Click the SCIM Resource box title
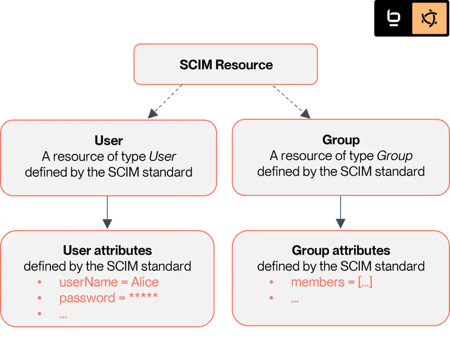[x=226, y=65]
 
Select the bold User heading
[x=109, y=141]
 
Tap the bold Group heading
[x=341, y=140]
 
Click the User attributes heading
[x=108, y=251]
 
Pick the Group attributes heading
[x=341, y=251]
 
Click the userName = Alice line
[x=109, y=282]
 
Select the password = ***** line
[x=109, y=298]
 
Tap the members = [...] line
[x=331, y=282]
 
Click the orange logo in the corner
[x=428, y=18]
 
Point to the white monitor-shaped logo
[x=393, y=18]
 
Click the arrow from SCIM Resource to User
[x=166, y=102]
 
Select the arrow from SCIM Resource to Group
[x=291, y=102]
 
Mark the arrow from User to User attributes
[x=108, y=213]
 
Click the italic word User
[x=163, y=156]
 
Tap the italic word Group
[x=395, y=156]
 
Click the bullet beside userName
[x=40, y=282]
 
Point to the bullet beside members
[x=271, y=282]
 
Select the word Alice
[x=145, y=282]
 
